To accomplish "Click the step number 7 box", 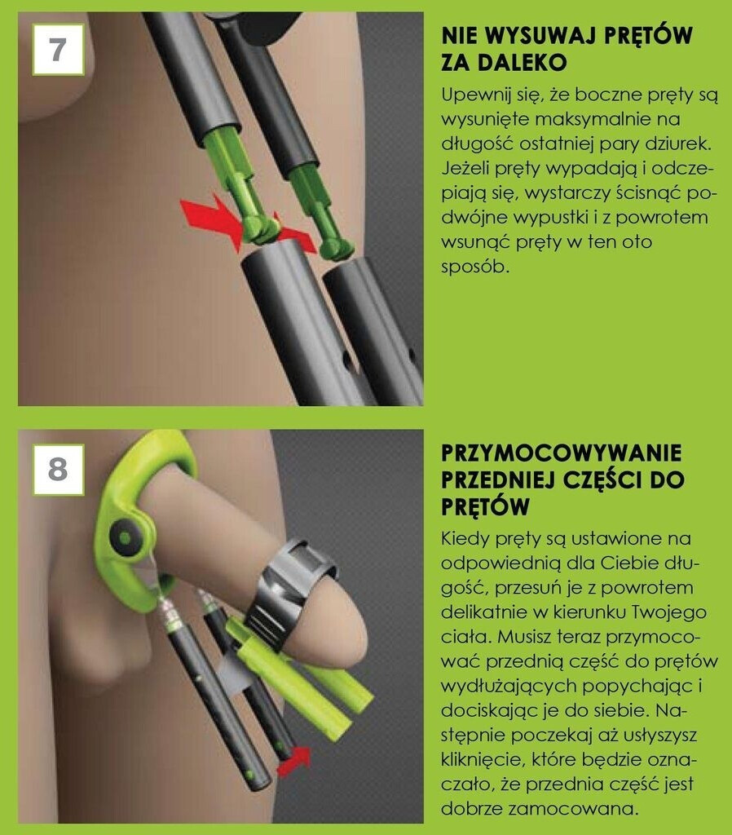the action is click(x=58, y=49).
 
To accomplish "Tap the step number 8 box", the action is click(x=58, y=470).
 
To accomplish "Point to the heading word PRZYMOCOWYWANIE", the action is click(x=561, y=453).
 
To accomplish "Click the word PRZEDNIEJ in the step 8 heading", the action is click(x=496, y=479).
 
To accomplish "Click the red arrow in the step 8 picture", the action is click(x=294, y=761).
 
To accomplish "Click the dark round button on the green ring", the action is click(x=125, y=538).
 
